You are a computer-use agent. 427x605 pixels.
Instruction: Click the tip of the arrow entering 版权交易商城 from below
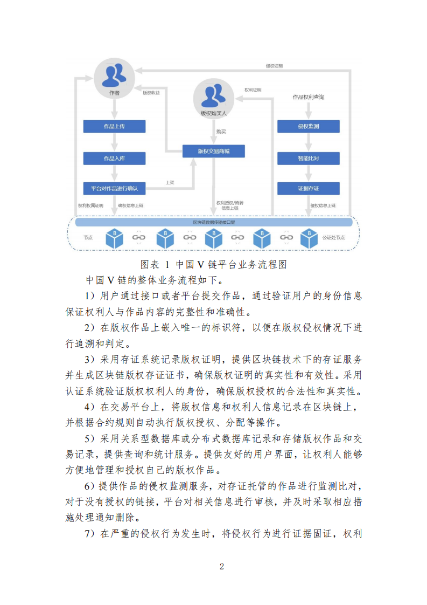193,158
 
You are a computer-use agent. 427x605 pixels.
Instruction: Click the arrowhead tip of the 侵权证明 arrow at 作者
135,71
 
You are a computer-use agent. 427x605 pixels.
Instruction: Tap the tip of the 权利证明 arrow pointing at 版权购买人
235,99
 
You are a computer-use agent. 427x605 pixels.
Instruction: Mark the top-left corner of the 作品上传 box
83,120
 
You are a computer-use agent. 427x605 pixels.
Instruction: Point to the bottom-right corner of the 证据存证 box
340,195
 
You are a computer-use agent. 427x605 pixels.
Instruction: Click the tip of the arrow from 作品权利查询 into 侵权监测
309,119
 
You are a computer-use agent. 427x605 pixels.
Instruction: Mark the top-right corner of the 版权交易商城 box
244,145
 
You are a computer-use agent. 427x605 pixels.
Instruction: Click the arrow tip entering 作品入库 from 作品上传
115,151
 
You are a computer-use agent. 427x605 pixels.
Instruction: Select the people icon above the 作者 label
114,75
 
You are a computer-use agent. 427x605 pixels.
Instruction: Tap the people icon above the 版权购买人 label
213,96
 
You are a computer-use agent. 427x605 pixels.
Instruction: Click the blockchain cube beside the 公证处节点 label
309,238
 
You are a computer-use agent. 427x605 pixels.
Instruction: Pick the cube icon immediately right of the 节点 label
115,238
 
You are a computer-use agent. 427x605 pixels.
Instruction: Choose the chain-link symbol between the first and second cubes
139,238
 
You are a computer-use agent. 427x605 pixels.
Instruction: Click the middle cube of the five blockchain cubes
213,238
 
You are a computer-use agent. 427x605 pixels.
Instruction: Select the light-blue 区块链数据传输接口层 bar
214,222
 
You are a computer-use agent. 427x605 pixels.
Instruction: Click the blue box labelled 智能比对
309,158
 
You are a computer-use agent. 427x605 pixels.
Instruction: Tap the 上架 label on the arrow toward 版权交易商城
170,182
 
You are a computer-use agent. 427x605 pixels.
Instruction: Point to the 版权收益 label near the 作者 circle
151,93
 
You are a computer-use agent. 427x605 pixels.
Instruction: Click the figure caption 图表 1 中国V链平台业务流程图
213,265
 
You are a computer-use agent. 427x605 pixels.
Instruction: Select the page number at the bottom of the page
222,566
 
